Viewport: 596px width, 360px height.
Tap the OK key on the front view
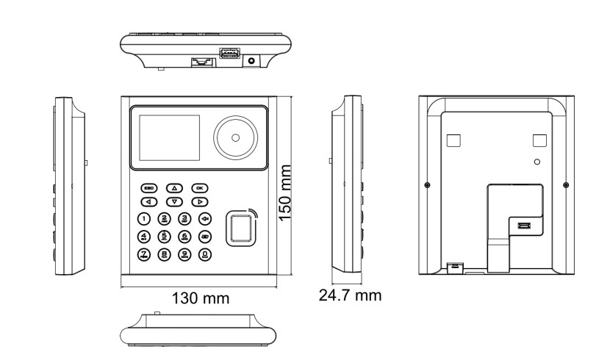click(199, 188)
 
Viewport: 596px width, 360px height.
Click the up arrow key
click(174, 188)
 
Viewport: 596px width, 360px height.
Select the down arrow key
click(174, 201)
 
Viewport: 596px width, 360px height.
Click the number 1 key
click(145, 218)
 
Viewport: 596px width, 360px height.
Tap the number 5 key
click(165, 237)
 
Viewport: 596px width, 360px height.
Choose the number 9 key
click(186, 255)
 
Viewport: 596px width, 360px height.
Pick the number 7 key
click(145, 255)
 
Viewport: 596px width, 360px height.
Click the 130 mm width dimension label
click(200, 299)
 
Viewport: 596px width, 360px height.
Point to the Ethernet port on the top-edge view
click(200, 62)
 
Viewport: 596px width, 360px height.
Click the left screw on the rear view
click(428, 184)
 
